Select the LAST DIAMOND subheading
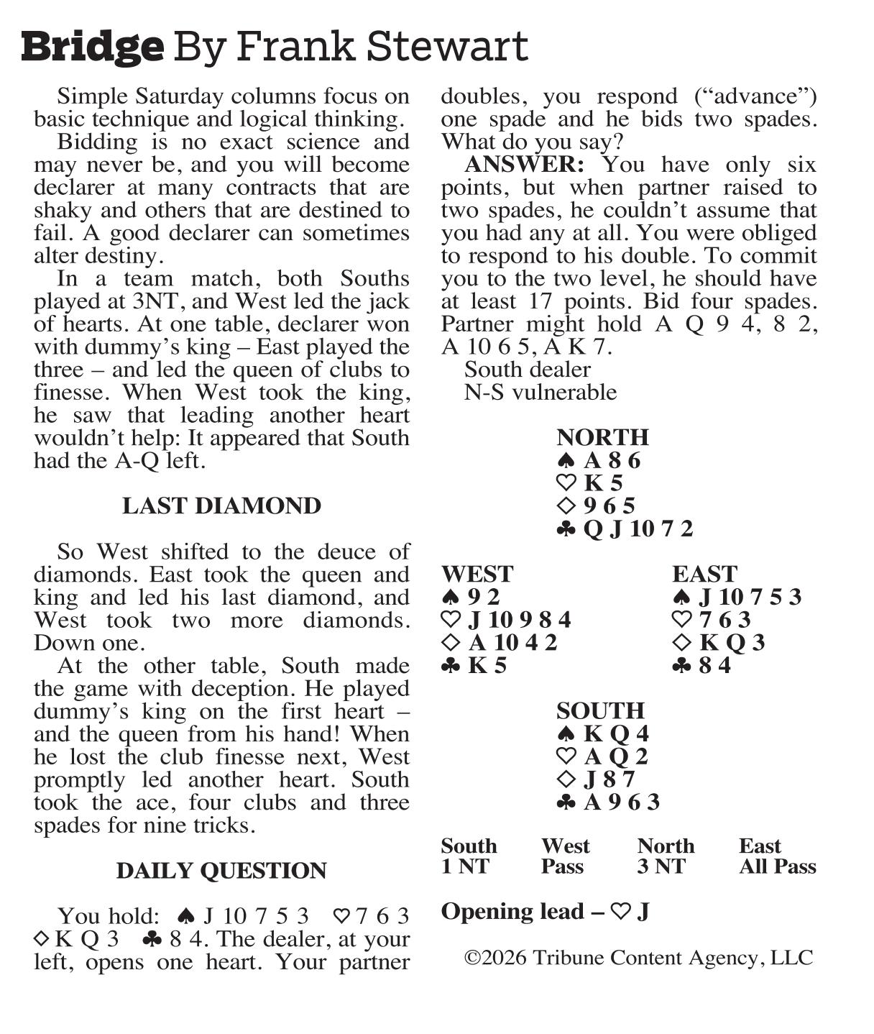coord(221,505)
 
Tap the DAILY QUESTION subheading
coord(221,870)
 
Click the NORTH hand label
coord(602,437)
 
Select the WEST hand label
coord(477,574)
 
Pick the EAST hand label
coord(704,574)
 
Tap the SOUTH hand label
coord(600,710)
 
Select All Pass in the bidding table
coord(777,866)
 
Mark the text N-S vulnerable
coord(540,392)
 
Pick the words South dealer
coord(528,370)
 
